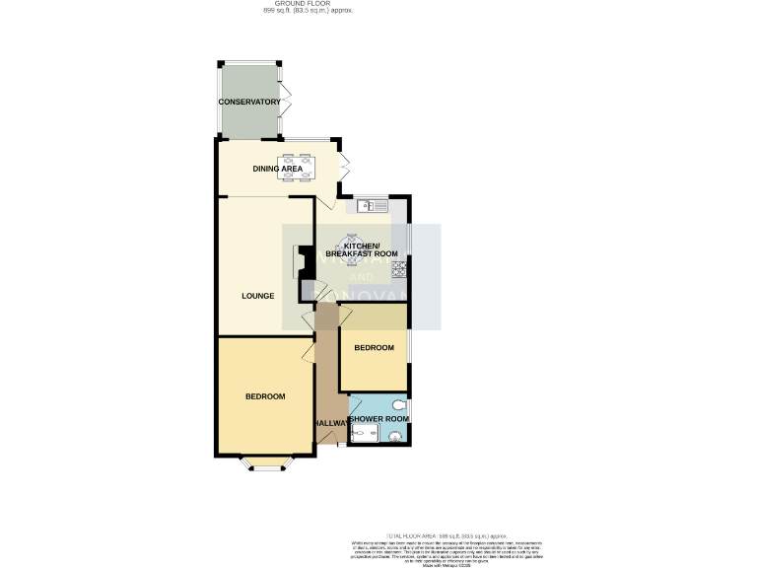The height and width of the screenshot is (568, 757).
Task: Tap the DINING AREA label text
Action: coord(277,170)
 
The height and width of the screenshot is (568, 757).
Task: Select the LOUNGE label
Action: coord(258,296)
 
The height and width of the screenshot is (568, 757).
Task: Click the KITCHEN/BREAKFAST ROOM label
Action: coord(363,249)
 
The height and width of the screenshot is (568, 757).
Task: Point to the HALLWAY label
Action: coord(331,424)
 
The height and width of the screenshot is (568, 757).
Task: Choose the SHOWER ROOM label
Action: coord(378,419)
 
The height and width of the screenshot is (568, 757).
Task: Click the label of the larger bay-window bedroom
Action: coord(265,396)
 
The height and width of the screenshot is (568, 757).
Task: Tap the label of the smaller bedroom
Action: coord(374,348)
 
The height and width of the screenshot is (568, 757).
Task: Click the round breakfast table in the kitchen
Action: coord(352,240)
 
